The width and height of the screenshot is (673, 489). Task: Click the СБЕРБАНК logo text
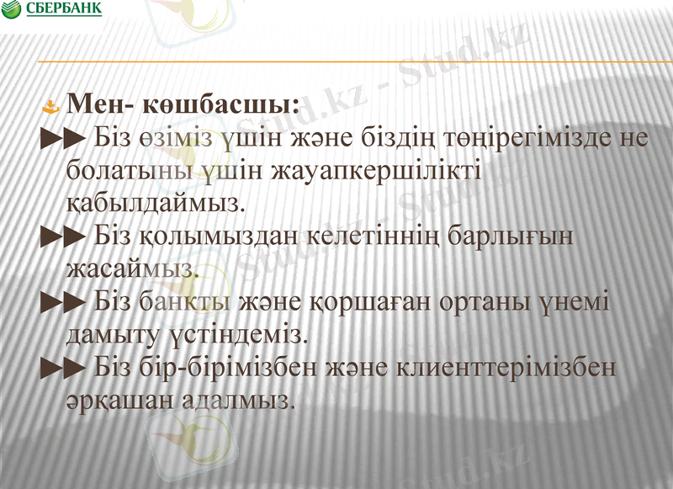64,9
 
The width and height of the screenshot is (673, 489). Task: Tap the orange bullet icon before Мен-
51,107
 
